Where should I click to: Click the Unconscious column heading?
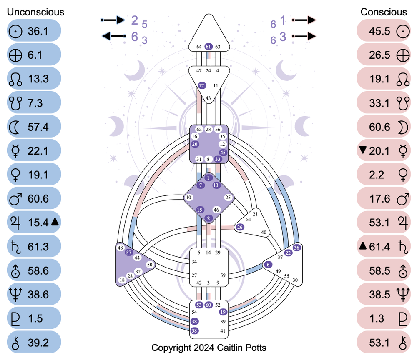(35, 12)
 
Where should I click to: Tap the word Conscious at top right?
(384, 12)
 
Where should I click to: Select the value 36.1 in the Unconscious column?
(38, 31)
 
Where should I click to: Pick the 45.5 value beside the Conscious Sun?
(380, 31)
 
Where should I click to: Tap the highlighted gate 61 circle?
(209, 47)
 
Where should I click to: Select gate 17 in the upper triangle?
(202, 85)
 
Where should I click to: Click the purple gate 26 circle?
(240, 227)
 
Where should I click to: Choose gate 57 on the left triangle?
(129, 252)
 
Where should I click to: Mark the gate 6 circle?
(268, 264)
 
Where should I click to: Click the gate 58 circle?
(194, 330)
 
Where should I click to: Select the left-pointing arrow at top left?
(113, 37)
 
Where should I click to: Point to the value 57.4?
(38, 127)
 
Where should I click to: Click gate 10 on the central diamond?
(189, 197)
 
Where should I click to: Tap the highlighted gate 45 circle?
(223, 152)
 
